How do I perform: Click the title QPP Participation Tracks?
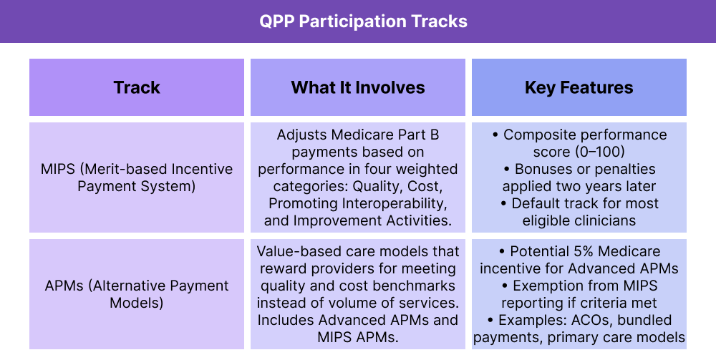363,21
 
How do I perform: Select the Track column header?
137,87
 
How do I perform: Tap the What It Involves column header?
358,87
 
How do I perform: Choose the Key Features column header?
579,87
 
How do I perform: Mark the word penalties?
624,169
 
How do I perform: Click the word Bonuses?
546,169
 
